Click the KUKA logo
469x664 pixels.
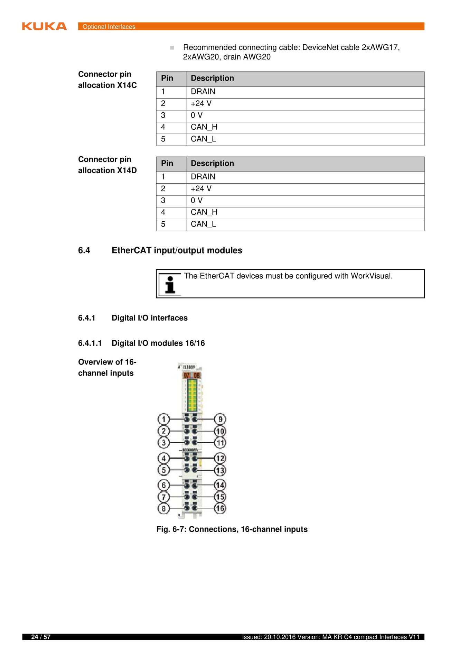click(x=44, y=26)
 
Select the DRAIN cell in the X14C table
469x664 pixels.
click(x=203, y=92)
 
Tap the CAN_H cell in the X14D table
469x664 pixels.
click(x=204, y=212)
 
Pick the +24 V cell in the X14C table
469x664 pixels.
click(x=201, y=103)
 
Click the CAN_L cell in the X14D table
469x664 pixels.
click(x=203, y=224)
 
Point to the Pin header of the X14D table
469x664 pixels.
click(x=167, y=164)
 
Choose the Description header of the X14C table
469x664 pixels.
click(x=212, y=79)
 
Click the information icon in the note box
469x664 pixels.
click(x=170, y=284)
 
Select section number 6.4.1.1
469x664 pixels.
click(x=90, y=343)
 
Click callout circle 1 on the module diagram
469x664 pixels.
click(x=163, y=419)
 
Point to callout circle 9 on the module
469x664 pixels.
click(x=220, y=419)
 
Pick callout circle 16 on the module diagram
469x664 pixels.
click(x=220, y=508)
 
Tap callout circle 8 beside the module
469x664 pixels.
click(x=163, y=509)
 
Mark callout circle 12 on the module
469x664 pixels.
click(x=220, y=459)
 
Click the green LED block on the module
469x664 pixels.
click(x=192, y=395)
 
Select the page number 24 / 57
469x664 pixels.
click(x=41, y=637)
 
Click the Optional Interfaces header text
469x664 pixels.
click(x=109, y=27)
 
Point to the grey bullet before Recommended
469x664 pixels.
click(x=172, y=48)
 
